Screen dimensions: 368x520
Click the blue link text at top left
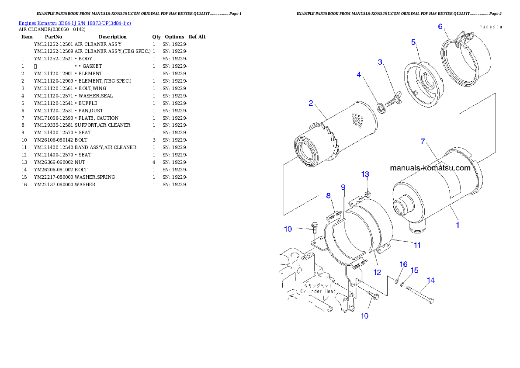pos(75,23)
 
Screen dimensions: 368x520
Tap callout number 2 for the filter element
pos(311,103)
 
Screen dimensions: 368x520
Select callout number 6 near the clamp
pos(440,27)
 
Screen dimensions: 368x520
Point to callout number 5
pos(413,42)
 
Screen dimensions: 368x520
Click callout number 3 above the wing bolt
pos(380,62)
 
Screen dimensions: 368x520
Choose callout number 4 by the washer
pos(359,75)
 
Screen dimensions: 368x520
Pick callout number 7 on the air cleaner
pos(423,142)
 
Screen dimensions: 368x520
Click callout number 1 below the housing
pos(458,225)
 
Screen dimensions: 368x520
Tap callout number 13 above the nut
pos(365,174)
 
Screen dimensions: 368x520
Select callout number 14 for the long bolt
pos(431,281)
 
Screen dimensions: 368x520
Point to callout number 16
pos(403,264)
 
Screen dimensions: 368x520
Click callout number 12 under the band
pos(378,272)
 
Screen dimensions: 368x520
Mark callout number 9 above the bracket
pos(343,187)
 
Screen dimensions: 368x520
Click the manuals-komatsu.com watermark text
pos(430,168)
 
